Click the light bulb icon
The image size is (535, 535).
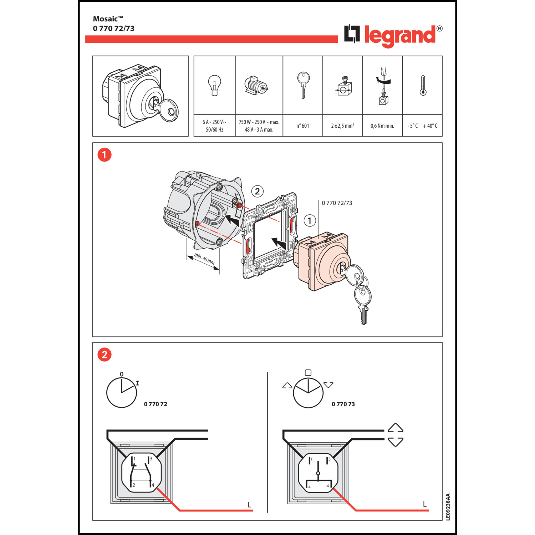coord(214,85)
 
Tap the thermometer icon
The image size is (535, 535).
coord(423,86)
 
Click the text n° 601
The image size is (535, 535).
coord(302,126)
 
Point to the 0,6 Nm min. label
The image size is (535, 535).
coord(382,126)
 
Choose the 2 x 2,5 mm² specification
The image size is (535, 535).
coord(342,126)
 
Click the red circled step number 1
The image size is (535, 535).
coord(105,155)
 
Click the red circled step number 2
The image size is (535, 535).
coord(105,355)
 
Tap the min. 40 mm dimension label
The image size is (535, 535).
coord(204,259)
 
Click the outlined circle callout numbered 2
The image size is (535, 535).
coord(258,192)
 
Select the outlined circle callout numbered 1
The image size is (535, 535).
coord(310,221)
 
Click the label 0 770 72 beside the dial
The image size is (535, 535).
coord(156,404)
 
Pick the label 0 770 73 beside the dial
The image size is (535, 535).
coord(343,404)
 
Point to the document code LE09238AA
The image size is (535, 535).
coord(448,507)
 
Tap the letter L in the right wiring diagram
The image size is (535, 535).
coord(424,504)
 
